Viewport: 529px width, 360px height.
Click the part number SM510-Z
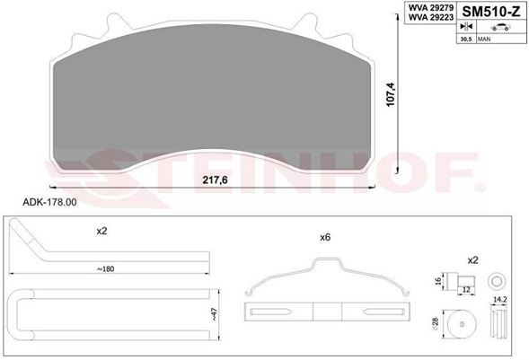(x=491, y=12)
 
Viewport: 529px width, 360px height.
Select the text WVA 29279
(x=431, y=7)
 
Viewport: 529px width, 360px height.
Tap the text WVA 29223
(x=431, y=17)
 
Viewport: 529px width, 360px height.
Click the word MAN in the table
(x=484, y=40)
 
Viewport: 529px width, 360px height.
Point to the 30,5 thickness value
(x=466, y=40)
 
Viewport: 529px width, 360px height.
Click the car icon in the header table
(x=500, y=27)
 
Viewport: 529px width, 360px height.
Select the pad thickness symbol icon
(x=466, y=26)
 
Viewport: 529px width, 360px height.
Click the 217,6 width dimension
(x=215, y=180)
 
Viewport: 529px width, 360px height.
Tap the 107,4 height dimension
(x=391, y=94)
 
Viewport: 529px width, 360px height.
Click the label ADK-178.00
(x=49, y=202)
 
